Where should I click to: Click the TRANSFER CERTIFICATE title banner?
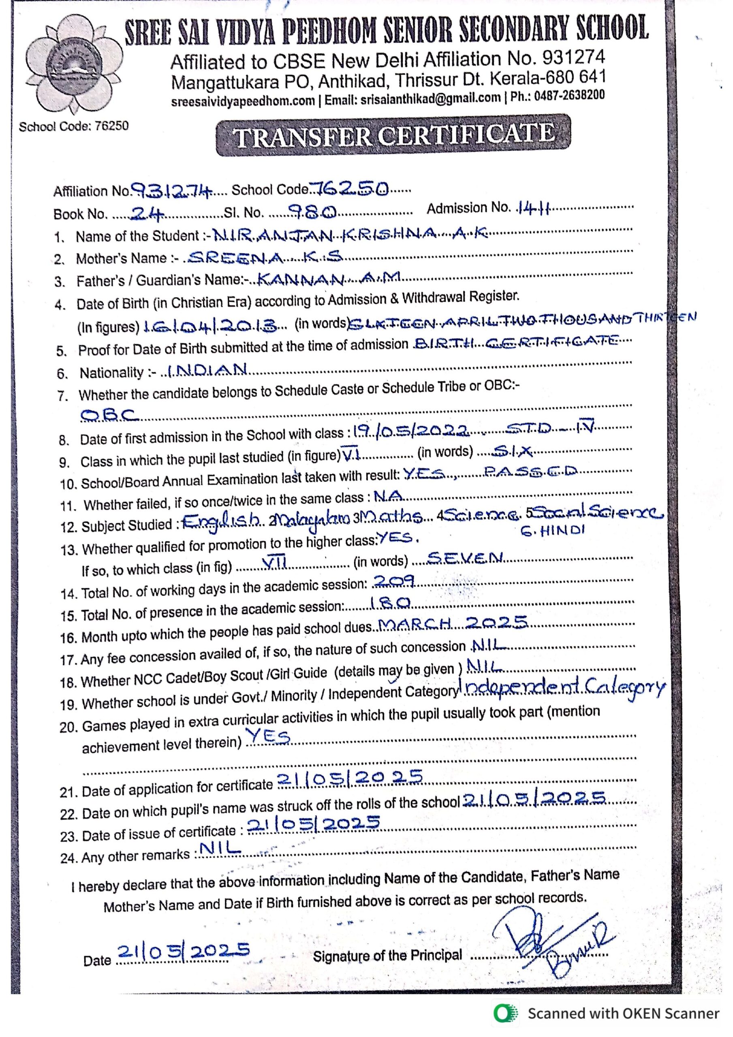[x=393, y=134]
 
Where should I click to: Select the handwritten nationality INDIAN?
[x=207, y=370]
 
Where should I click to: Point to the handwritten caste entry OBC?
[x=109, y=414]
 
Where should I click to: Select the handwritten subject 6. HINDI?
[x=552, y=531]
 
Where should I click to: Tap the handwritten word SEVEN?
[x=465, y=558]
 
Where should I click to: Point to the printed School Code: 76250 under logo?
[x=74, y=126]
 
